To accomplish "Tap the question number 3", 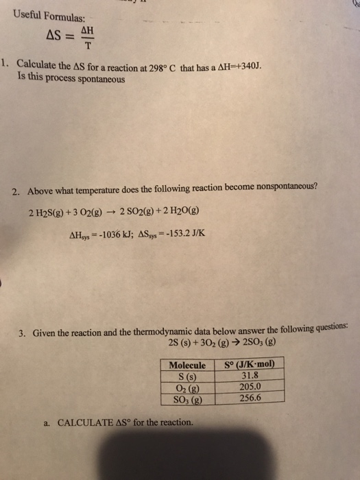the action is click(22, 334).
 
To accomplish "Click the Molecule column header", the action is click(187, 365).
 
